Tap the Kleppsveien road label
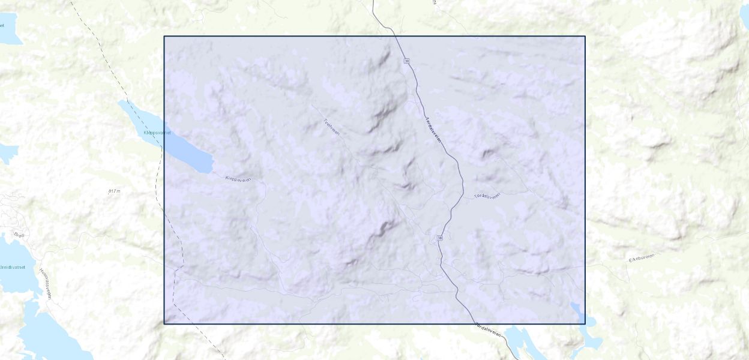239,179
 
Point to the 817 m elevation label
115,191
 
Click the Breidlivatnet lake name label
11,266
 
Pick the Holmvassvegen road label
46,283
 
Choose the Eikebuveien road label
642,257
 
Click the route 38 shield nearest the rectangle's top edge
407,61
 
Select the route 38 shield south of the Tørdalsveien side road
440,238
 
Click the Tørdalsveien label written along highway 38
433,129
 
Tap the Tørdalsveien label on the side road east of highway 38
487,196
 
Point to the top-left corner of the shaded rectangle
164,36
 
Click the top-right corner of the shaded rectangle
585,36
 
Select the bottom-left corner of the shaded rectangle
164,324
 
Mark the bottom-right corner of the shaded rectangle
585,324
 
